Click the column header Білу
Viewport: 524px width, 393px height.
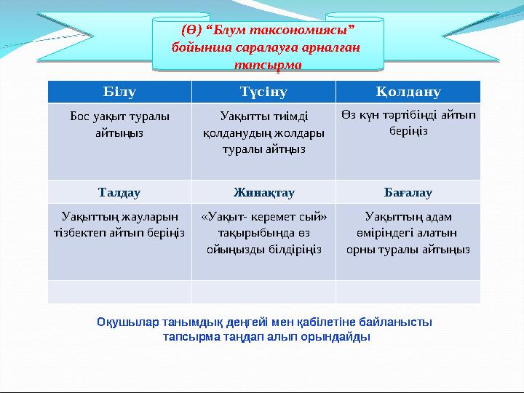pos(119,92)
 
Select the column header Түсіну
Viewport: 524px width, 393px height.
pos(263,92)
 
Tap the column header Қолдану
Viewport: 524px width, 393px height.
pos(408,92)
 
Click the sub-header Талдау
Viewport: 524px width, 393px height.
pos(119,193)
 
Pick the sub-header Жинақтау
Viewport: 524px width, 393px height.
pos(263,193)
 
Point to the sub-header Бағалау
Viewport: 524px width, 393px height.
pos(408,193)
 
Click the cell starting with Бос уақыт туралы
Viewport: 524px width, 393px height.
pos(119,124)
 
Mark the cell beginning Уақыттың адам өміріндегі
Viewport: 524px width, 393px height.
pos(408,233)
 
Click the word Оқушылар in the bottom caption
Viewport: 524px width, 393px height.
pos(124,321)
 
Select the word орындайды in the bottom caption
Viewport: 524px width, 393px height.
pos(342,337)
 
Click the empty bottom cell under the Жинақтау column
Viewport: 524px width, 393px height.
pos(263,292)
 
